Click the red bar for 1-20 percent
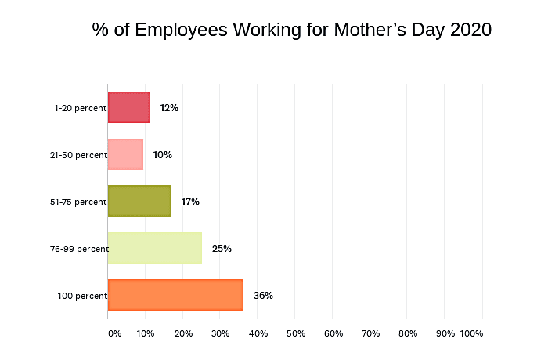point(128,107)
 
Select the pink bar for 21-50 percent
point(125,154)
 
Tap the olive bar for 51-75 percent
point(139,201)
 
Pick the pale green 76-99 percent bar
point(154,248)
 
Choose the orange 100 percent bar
point(175,295)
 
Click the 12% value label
point(169,108)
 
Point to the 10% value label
point(163,155)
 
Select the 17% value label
point(190,202)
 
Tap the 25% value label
point(222,249)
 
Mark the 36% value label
point(263,296)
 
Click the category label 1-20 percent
point(80,108)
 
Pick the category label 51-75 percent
point(78,202)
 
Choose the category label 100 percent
point(81,296)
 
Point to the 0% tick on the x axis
point(114,333)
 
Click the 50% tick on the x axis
point(296,333)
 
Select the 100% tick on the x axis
point(472,333)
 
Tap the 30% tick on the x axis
point(221,333)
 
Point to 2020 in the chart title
point(470,31)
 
